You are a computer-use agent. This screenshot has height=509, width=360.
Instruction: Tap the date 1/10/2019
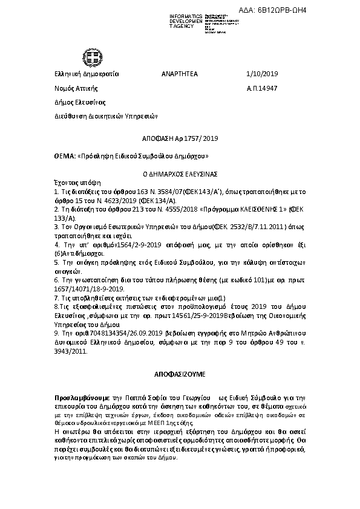coord(263,74)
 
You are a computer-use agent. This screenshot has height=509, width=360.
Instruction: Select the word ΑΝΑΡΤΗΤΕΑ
coord(179,74)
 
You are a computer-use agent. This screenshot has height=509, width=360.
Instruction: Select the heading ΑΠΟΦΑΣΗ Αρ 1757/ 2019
coord(180,139)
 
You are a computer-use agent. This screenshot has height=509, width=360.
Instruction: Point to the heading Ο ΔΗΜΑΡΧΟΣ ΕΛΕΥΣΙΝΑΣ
coord(180,173)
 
